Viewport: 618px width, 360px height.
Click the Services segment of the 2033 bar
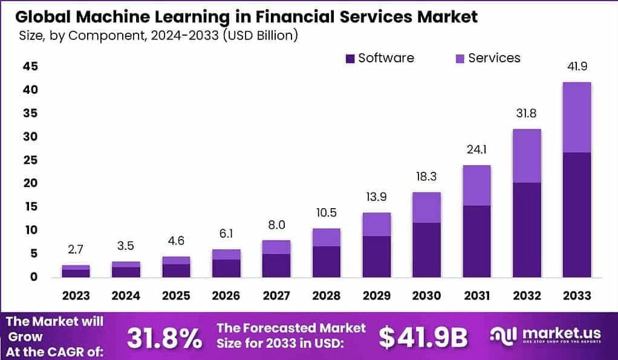(576, 117)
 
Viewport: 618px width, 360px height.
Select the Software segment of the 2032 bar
(527, 230)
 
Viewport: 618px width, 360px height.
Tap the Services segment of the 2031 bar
(477, 185)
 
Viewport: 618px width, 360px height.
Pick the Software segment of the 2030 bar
(426, 250)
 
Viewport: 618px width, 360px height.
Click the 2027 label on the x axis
(276, 296)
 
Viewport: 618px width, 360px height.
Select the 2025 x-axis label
(176, 296)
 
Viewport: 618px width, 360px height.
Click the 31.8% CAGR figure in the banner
(165, 339)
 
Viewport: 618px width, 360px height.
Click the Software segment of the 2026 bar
(226, 268)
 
